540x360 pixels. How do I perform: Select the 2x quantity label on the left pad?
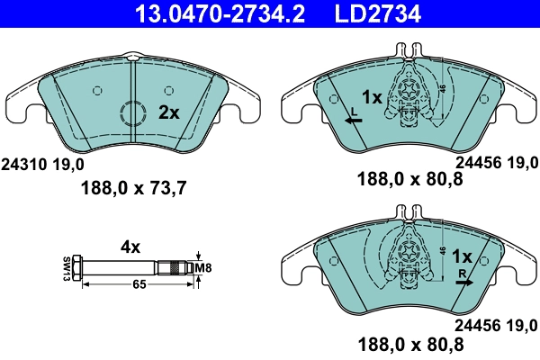tap(168, 113)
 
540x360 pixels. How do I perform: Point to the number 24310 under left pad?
tap(23, 164)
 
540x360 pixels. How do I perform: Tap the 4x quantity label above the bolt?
tap(131, 245)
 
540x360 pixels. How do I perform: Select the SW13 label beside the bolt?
tap(66, 267)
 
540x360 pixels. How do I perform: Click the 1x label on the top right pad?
tap(373, 96)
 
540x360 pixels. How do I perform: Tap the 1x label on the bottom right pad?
tap(463, 256)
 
